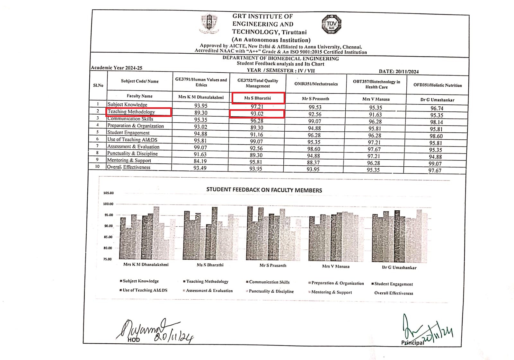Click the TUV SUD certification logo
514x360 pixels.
click(331, 25)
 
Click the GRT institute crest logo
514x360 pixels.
click(209, 23)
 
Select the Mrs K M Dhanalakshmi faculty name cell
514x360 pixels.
click(201, 97)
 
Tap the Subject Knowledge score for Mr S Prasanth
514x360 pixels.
click(315, 107)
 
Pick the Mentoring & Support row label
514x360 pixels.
click(129, 160)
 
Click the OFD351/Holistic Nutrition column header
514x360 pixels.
click(437, 85)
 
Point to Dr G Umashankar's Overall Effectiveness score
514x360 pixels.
click(435, 171)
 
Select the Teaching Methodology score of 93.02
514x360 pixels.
click(257, 114)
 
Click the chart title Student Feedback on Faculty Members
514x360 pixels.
click(264, 190)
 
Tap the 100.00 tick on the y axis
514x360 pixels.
click(108, 204)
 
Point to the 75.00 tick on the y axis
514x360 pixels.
click(108, 259)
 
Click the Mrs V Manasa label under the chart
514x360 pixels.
click(336, 266)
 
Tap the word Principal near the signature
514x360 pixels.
click(412, 343)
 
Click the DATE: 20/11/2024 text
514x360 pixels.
click(399, 72)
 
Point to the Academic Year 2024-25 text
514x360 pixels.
click(117, 68)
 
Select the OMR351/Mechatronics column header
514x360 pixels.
click(316, 84)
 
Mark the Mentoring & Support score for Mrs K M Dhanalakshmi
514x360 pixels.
click(200, 161)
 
